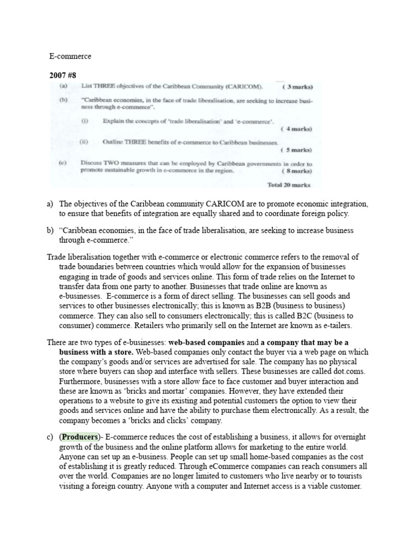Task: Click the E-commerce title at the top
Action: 71,56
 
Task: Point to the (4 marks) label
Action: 296,129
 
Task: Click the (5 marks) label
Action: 296,149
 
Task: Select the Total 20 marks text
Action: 289,185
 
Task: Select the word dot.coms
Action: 348,371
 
